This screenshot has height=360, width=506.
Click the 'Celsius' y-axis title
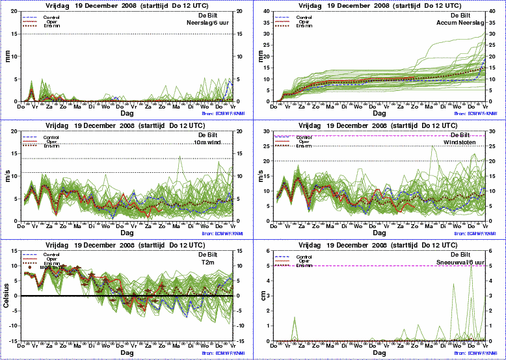[x=8, y=295]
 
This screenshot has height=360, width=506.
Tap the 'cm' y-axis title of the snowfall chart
[x=261, y=295]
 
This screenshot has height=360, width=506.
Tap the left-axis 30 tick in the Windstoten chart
[x=273, y=131]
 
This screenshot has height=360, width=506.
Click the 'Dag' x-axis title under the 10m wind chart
[x=127, y=232]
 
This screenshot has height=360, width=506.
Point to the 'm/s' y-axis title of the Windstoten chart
[x=261, y=175]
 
